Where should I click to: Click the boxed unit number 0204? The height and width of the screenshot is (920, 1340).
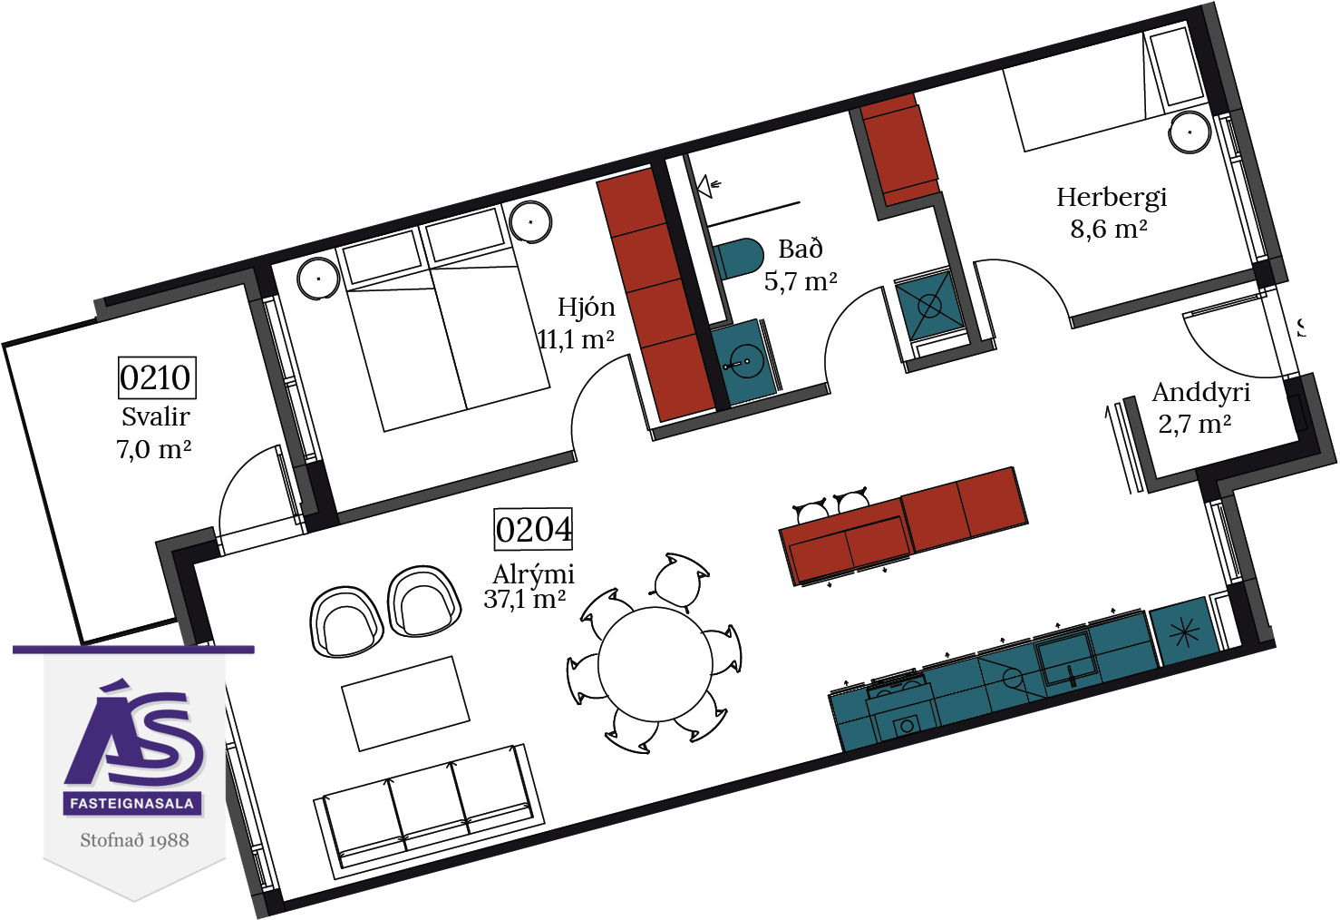[533, 529]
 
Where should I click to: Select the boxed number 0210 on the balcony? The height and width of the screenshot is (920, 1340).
[157, 377]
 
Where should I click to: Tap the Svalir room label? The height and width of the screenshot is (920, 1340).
[156, 416]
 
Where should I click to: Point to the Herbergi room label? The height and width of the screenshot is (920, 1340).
[1112, 198]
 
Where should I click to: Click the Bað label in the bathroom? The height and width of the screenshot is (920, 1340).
[801, 249]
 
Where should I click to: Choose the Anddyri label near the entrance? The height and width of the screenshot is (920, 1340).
[1201, 393]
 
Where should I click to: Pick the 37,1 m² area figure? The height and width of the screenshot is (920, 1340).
[525, 599]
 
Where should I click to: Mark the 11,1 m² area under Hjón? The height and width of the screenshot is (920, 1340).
[576, 339]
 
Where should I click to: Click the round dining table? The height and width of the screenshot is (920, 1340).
[655, 664]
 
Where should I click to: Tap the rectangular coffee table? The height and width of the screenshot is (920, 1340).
[405, 703]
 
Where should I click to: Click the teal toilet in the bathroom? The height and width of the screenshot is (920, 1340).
[738, 258]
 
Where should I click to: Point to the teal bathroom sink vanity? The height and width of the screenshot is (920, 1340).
[742, 363]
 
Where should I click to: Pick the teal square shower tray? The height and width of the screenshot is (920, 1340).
[929, 307]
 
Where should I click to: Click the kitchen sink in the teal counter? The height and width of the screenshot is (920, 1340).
[1068, 660]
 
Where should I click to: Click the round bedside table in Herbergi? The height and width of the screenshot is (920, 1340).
[1189, 132]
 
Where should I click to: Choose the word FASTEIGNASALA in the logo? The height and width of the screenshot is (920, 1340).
[132, 803]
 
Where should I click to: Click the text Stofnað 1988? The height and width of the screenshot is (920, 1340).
[134, 840]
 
